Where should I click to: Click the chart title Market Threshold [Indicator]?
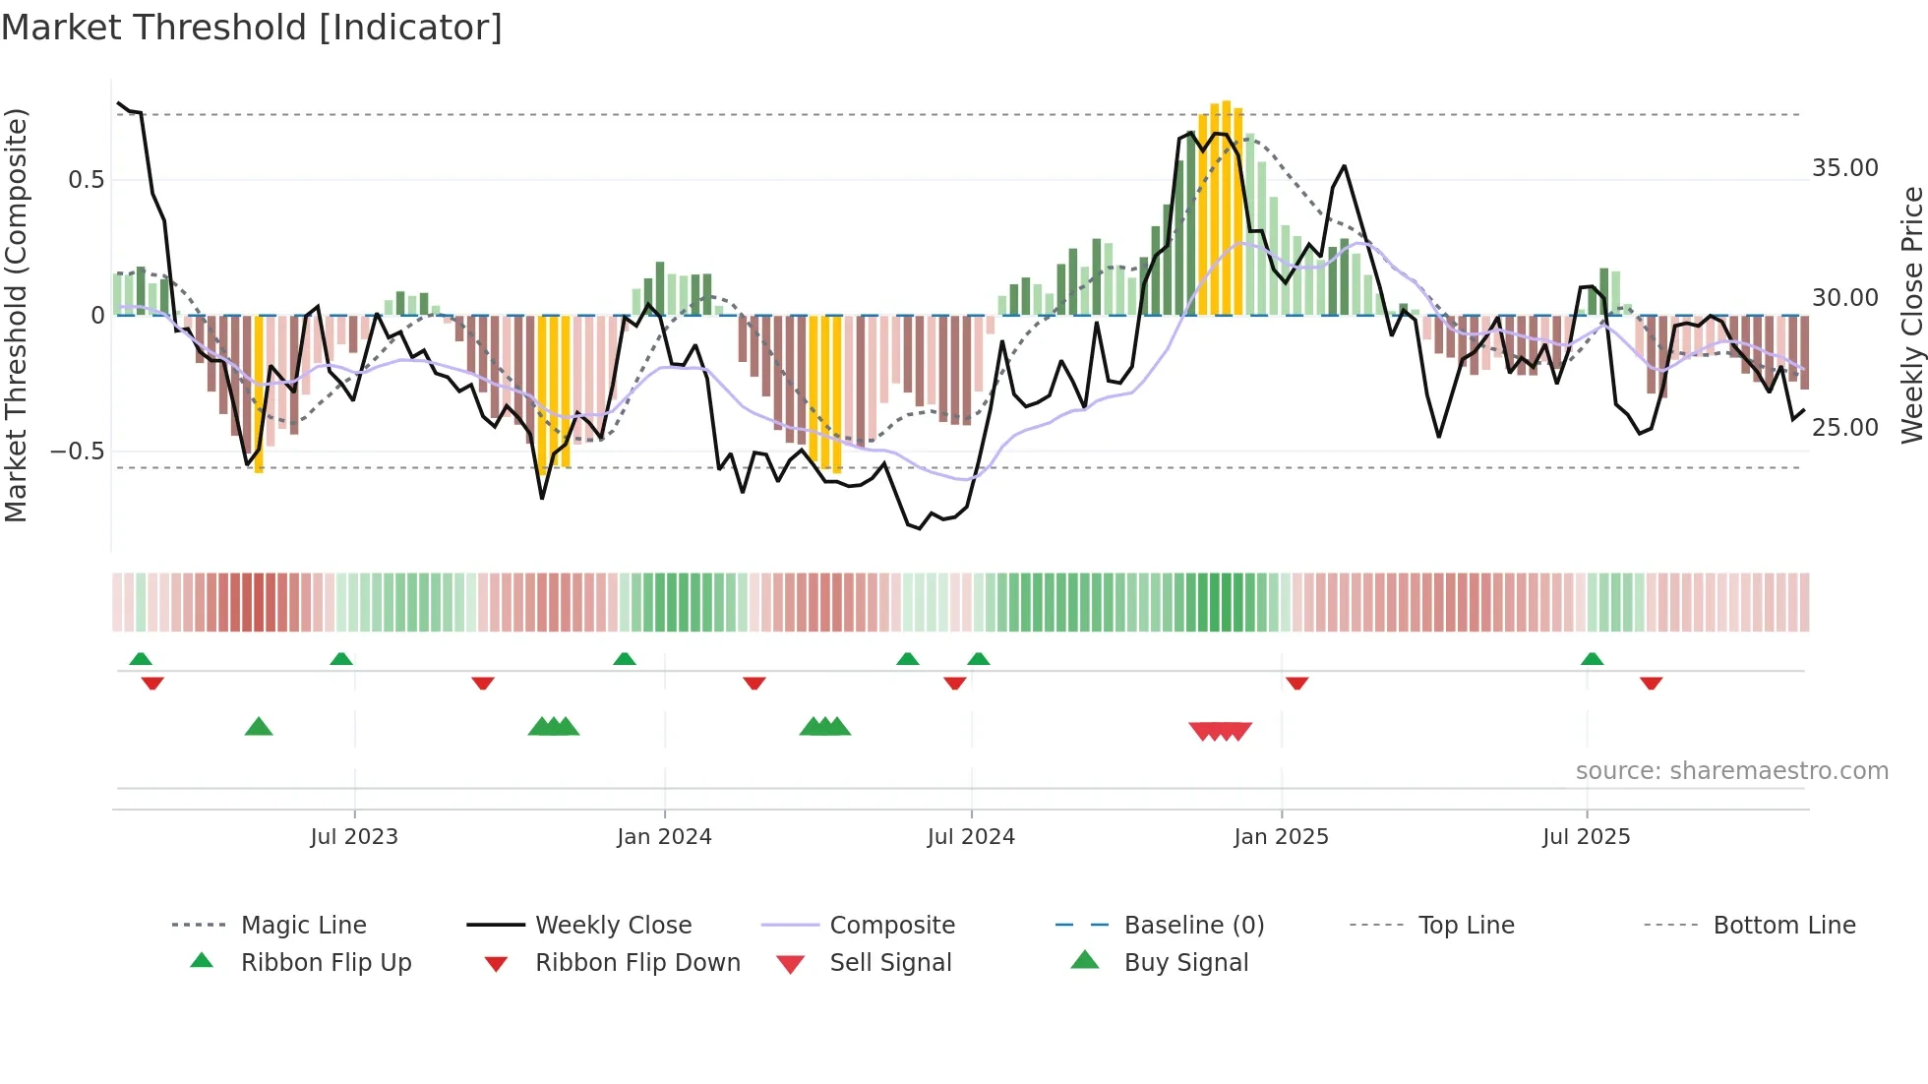tap(252, 28)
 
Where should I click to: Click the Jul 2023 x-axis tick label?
tap(354, 837)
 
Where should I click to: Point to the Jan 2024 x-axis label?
tap(664, 837)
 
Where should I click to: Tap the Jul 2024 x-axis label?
tap(971, 837)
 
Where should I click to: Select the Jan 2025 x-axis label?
tap(1281, 837)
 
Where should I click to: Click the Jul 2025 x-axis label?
tap(1586, 837)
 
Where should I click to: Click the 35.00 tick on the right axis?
tap(1844, 168)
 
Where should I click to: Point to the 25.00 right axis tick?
tap(1844, 428)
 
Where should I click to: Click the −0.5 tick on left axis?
tap(77, 452)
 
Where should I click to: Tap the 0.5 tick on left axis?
tap(86, 180)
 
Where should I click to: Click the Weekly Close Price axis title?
tap(1911, 315)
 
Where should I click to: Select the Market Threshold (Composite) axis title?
tap(17, 315)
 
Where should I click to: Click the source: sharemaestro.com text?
tap(1731, 771)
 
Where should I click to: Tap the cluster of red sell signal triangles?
tap(1220, 731)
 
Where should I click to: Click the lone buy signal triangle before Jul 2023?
tap(259, 727)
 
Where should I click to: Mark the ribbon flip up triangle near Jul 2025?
tap(1592, 659)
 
